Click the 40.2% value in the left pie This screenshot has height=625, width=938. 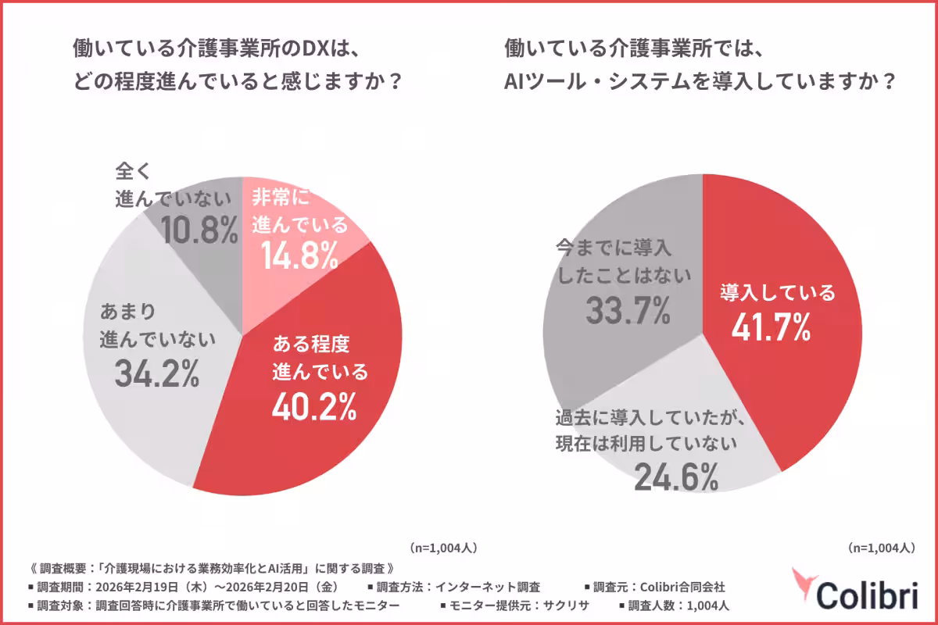[314, 405]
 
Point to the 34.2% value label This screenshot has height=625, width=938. [156, 374]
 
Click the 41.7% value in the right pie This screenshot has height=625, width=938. [771, 328]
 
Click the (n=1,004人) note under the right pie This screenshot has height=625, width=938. [881, 548]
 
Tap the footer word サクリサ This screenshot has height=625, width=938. [568, 605]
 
